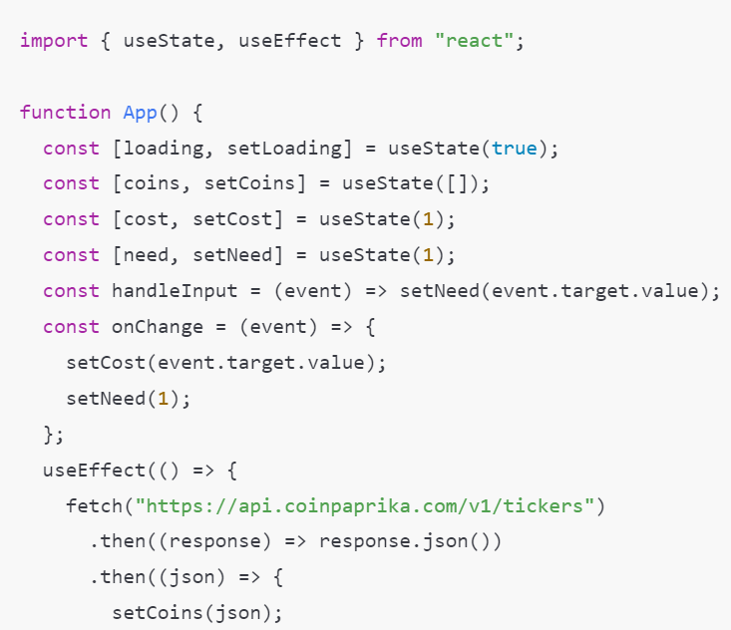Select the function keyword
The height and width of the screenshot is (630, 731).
[x=65, y=112]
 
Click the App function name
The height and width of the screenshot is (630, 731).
[x=141, y=112]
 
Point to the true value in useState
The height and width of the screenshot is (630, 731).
[x=515, y=148]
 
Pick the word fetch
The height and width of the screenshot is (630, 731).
[x=95, y=505]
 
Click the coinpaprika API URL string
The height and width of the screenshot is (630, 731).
[x=371, y=505]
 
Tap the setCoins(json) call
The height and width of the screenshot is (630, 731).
[x=196, y=612]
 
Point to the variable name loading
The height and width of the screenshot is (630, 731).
[x=164, y=148]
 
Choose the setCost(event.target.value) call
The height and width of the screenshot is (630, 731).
[x=225, y=362]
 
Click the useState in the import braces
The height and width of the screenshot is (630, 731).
[x=170, y=41]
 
